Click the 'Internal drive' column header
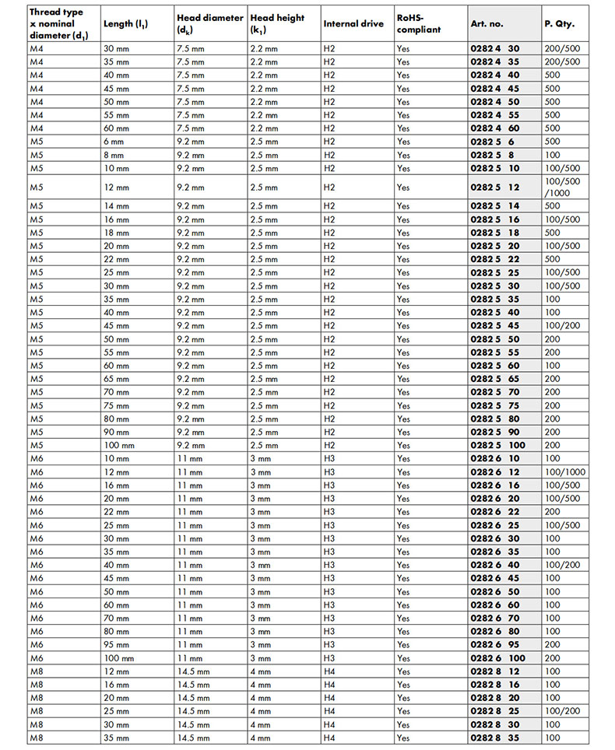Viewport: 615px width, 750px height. (x=353, y=24)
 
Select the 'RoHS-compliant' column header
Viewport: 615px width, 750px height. (x=419, y=24)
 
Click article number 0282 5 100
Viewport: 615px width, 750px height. (x=498, y=445)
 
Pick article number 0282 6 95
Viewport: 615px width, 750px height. (x=495, y=644)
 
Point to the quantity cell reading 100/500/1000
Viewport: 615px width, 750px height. (x=564, y=187)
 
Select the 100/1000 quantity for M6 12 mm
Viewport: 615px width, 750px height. (x=565, y=471)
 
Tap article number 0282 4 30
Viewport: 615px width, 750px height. (x=495, y=48)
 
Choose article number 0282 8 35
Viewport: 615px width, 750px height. (x=495, y=737)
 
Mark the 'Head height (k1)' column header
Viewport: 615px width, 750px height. (x=277, y=24)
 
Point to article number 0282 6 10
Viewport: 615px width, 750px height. (x=495, y=458)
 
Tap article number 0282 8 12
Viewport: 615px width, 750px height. (x=495, y=671)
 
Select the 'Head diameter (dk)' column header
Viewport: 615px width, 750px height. (x=209, y=24)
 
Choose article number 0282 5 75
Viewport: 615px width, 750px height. (x=495, y=405)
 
